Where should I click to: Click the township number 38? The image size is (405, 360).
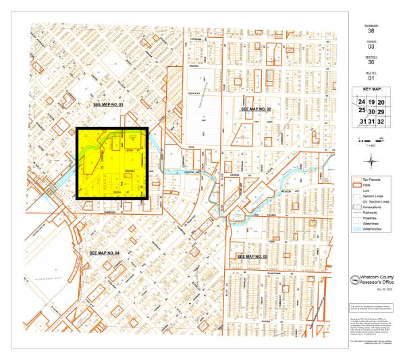click(x=370, y=31)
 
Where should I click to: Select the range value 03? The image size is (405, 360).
click(x=370, y=48)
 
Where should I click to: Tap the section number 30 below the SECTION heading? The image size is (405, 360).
click(x=370, y=65)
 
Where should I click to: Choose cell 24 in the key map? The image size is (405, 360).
click(x=362, y=101)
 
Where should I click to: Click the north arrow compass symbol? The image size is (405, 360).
click(x=358, y=138)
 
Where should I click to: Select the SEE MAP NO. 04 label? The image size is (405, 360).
click(x=105, y=252)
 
